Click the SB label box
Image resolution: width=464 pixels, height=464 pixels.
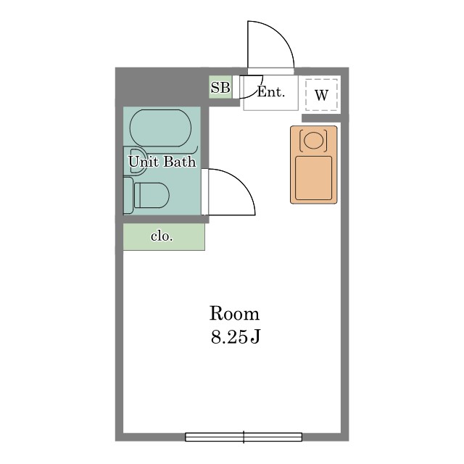[x=220, y=87]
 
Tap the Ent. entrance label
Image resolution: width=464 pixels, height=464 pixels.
[x=270, y=92]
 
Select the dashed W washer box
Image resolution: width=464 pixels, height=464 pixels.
[x=321, y=95]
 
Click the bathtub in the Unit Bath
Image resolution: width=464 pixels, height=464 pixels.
[x=160, y=128]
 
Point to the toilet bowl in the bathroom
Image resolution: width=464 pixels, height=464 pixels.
[x=152, y=195]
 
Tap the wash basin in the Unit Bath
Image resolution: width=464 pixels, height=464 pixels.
[x=138, y=161]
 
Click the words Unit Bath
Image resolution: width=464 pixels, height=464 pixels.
[x=162, y=162]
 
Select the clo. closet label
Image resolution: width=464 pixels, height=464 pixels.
[x=162, y=236]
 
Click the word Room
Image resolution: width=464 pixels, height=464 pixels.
[x=234, y=313]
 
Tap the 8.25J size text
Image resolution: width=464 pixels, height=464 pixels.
[x=235, y=336]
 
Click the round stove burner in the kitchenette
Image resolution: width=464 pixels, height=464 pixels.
[x=313, y=140]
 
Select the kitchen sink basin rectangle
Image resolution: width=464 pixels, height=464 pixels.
[x=314, y=178]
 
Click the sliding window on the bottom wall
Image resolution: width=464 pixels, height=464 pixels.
[x=244, y=437]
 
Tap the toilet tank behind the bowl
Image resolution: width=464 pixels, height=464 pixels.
[x=128, y=195]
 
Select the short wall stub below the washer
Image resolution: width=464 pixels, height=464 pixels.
[x=321, y=118]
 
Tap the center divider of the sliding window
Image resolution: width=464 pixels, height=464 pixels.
[x=244, y=437]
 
